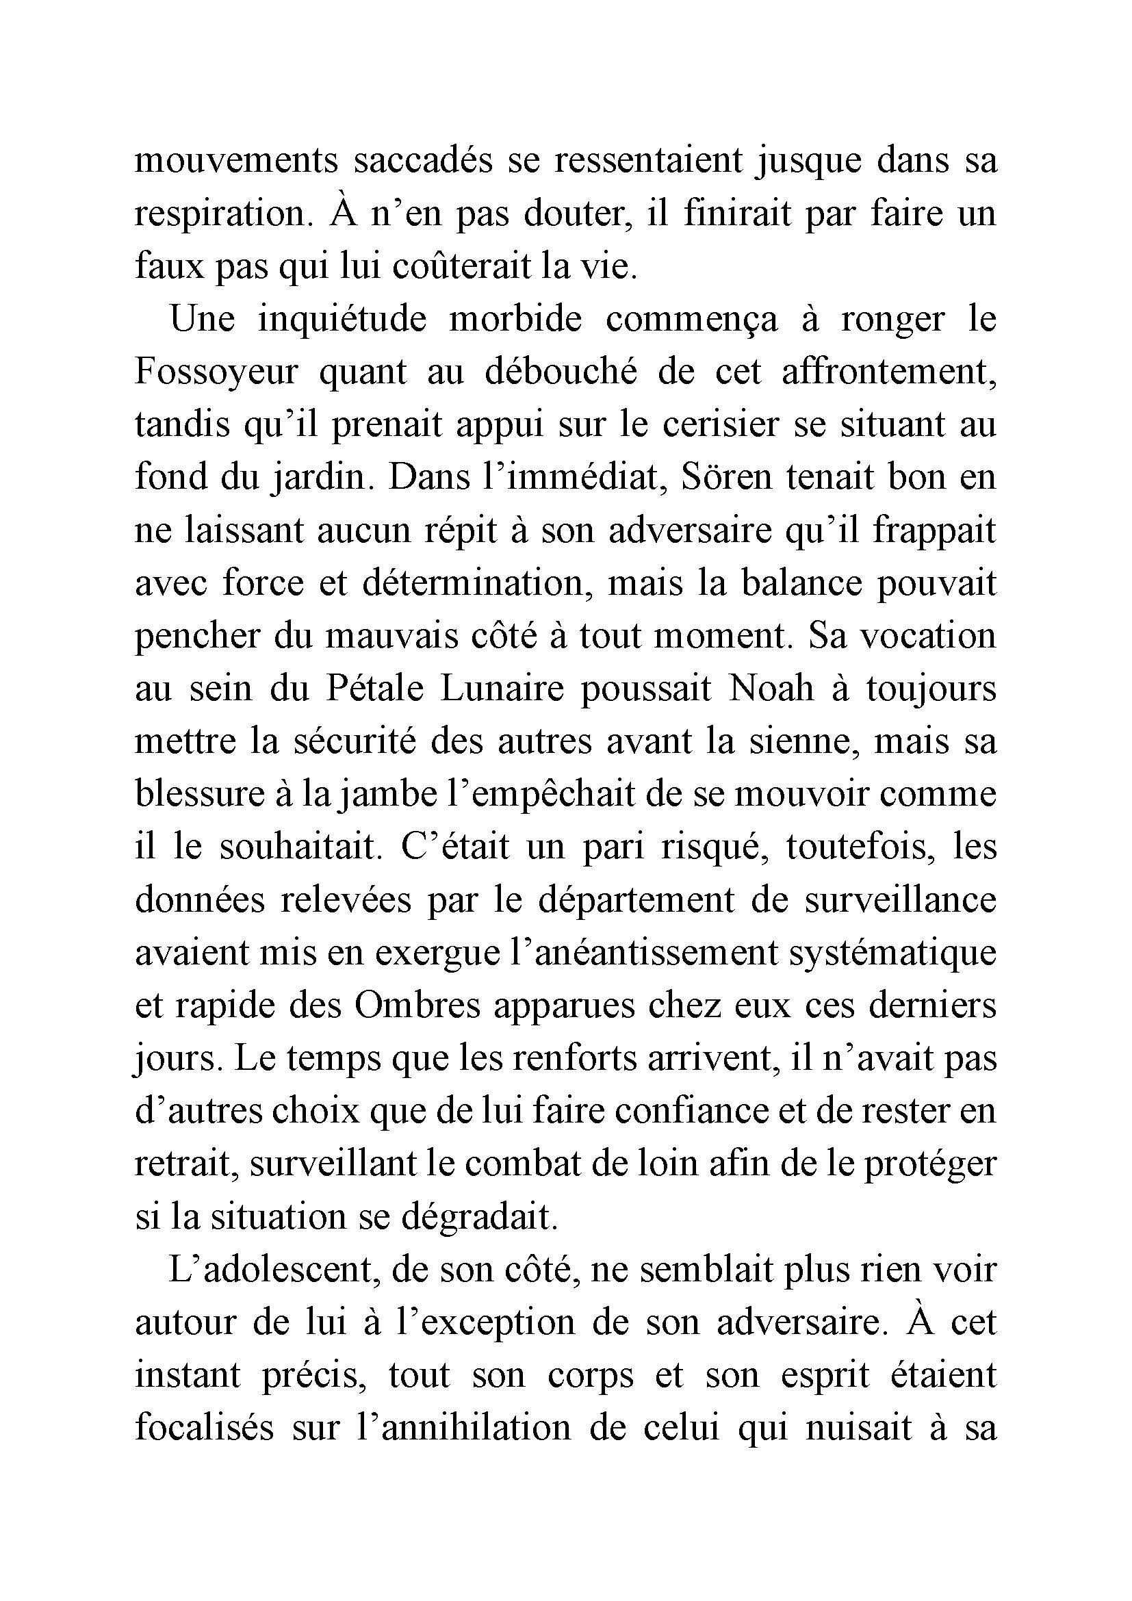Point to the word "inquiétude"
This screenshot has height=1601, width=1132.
click(x=342, y=320)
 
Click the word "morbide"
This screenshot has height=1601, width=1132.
click(x=515, y=320)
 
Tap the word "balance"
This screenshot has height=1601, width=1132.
click(x=791, y=584)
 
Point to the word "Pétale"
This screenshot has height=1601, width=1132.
click(x=372, y=689)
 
